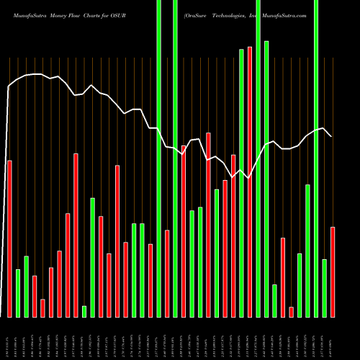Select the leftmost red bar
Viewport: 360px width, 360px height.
point(9,238)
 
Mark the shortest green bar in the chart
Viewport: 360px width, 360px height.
point(84,311)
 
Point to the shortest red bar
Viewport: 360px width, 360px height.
point(291,312)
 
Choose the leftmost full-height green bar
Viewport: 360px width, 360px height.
point(158,158)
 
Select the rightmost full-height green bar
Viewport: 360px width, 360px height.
point(316,158)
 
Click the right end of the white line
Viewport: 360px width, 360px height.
point(331,135)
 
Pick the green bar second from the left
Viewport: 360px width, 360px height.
point(26,286)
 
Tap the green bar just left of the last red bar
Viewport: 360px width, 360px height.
point(325,288)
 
